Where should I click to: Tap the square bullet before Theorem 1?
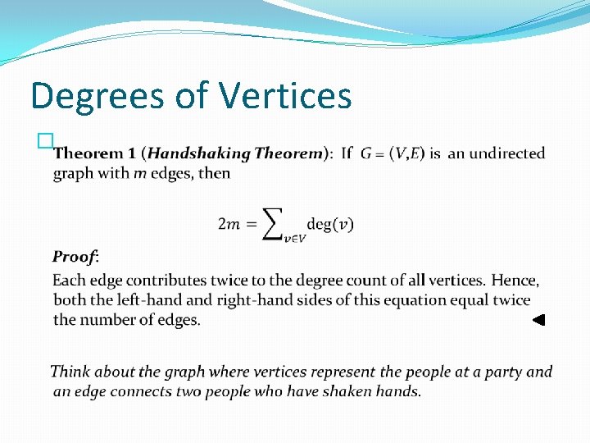click(44, 143)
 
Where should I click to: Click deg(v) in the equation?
click(330, 224)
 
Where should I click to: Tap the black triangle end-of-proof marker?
click(538, 321)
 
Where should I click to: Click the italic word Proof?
click(75, 257)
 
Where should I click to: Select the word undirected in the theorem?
click(507, 153)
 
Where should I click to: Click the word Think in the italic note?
click(70, 372)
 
